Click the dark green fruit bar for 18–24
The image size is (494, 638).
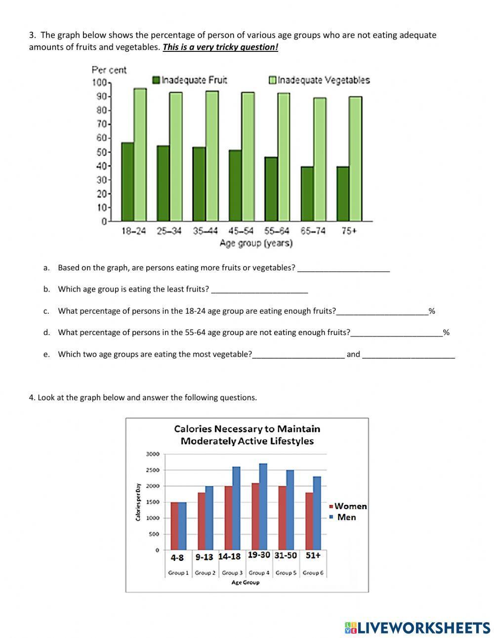[x=127, y=182]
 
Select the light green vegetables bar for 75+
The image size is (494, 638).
[x=356, y=159]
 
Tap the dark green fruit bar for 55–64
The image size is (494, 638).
[x=271, y=189]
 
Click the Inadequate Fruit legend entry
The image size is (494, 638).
[x=190, y=80]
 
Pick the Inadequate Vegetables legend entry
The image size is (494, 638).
[x=319, y=80]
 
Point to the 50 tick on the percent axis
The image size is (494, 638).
[x=101, y=152]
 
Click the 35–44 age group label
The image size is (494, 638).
[x=206, y=231]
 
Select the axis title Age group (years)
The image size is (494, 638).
[x=256, y=243]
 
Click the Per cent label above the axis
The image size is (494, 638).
[x=109, y=70]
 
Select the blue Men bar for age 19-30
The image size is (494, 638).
[x=263, y=507]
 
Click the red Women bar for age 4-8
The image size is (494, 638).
[x=175, y=526]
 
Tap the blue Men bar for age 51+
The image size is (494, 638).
[x=317, y=513]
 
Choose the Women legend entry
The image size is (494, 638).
[x=348, y=506]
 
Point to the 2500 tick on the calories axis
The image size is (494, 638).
[x=153, y=470]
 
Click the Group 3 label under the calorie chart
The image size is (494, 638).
[x=232, y=573]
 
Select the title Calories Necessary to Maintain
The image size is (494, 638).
[x=247, y=429]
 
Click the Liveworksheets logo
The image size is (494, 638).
[x=417, y=627]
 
